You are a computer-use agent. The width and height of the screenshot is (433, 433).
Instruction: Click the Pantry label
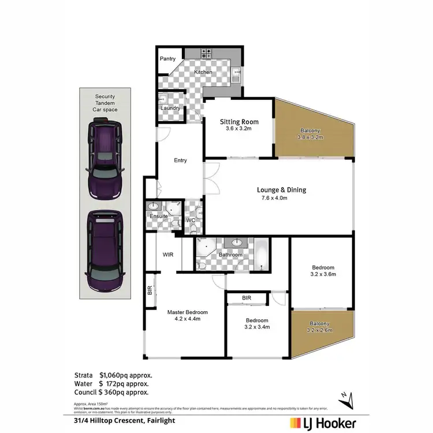point(168,59)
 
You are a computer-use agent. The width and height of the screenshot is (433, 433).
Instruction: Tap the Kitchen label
point(203,72)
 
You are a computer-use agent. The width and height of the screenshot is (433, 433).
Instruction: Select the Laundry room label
point(170,108)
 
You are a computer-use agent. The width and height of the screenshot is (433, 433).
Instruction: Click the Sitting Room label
point(239,122)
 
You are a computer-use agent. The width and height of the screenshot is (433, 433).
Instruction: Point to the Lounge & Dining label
point(281,190)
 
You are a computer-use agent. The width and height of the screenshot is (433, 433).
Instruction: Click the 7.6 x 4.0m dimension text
point(274,199)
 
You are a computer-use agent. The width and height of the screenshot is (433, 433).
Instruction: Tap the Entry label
point(180,160)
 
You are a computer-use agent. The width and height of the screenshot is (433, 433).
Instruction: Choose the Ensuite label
point(158,216)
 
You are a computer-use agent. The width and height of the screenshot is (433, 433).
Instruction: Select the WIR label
point(169,254)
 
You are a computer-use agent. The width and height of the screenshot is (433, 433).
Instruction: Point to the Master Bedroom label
point(187,312)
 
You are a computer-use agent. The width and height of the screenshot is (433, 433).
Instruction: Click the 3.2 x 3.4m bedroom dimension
point(257,327)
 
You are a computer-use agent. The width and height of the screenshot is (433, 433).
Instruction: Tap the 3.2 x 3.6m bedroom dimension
point(323,274)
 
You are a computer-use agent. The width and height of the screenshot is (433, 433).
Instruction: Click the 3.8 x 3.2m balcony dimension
point(310,137)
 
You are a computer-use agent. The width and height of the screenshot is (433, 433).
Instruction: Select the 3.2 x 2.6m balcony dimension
point(320,331)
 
